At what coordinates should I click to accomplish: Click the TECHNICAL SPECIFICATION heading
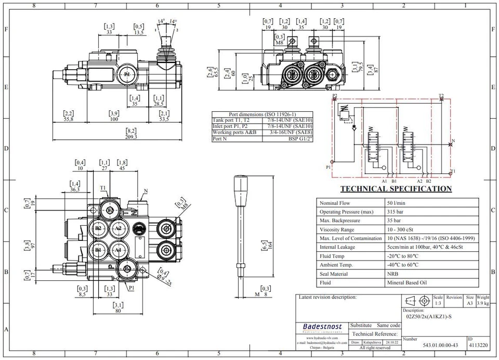tap(396, 189)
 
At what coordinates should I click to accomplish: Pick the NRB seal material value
tap(393, 274)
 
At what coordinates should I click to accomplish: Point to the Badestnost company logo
tap(322, 327)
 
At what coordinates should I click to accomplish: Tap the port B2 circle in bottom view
tap(98, 228)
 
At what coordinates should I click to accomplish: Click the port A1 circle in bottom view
tap(118, 250)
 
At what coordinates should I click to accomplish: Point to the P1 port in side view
tap(127, 75)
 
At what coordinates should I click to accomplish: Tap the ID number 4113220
tap(479, 345)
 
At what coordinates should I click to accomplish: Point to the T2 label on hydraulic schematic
tap(441, 96)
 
